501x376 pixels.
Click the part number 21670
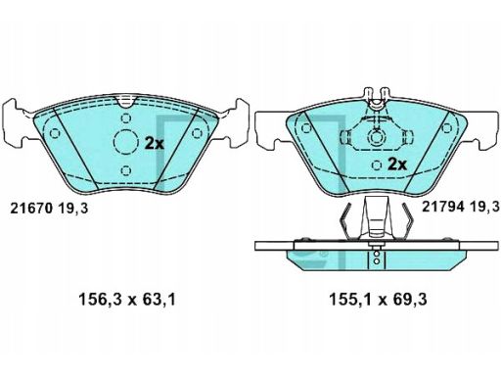[31, 209]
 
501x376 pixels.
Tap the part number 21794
[443, 207]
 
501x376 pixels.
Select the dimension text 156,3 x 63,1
[127, 300]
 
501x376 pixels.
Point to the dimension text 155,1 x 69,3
[378, 300]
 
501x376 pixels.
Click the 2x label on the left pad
[155, 143]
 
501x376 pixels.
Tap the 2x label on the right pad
[397, 164]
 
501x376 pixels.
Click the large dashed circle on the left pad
[126, 142]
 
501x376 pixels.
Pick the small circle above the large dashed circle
[126, 118]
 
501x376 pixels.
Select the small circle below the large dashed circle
[126, 170]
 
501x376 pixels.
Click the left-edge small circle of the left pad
[55, 133]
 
